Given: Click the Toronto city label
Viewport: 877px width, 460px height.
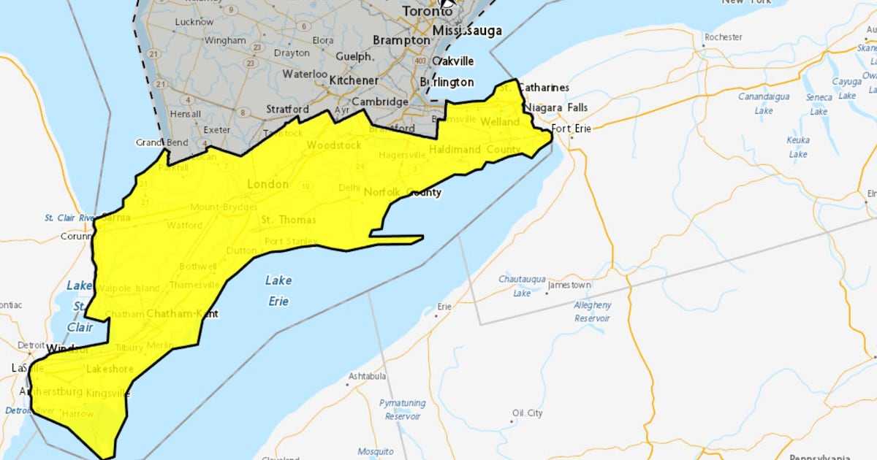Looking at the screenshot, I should point(427,12).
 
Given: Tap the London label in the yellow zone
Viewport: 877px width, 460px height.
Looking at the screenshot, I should point(267,184).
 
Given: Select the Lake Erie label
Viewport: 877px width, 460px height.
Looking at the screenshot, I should point(278,291).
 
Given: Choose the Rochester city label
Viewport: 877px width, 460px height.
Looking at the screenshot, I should point(723,37).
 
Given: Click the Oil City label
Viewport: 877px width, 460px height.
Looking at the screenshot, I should point(527,413).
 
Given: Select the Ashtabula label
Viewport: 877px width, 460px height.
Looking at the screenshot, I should point(366,376).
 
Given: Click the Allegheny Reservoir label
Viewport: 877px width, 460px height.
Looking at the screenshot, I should point(592,311).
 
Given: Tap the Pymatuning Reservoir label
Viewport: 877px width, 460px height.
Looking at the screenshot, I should point(400,410).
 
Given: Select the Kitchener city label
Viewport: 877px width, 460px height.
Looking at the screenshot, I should point(354,80).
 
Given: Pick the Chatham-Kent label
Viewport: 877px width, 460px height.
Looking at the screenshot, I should point(182,314).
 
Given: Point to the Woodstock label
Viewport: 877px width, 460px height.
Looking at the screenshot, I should point(333,145).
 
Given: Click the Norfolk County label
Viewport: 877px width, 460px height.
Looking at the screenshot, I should point(402,192).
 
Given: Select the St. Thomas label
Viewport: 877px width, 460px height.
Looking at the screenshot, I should point(289,220).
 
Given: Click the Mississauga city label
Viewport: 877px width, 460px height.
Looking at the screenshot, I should point(467,31).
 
